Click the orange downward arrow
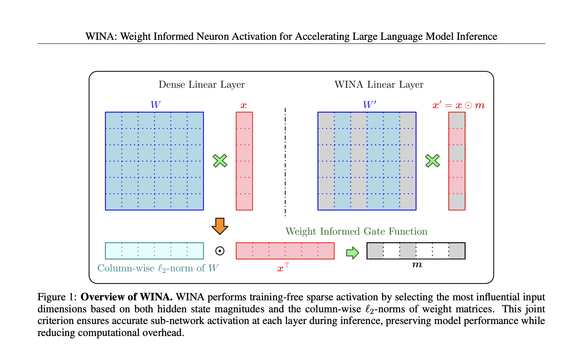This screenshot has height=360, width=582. pos(220,226)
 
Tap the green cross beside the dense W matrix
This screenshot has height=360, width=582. pos(220,161)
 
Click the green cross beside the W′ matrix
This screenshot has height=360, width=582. pos(432,161)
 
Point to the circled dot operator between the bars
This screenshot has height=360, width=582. pos(220,251)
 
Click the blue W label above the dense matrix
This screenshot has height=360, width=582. pos(155,105)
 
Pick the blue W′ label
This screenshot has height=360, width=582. pos(369,105)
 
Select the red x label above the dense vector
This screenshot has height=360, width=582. pos(243,105)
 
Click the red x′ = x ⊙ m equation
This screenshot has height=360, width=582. pos(458,105)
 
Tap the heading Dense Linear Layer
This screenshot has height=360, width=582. pos(202,85)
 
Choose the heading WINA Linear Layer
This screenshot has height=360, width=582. pos(379,85)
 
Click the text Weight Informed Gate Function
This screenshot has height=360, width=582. pos(356,231)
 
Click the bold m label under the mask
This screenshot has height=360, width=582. pos(417,265)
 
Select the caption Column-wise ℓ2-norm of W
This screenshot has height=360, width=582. pos(158,268)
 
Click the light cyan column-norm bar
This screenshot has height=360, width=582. pos(154,251)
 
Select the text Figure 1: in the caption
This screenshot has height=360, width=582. pos(57,297)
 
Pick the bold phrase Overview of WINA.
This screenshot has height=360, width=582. pos(126,297)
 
